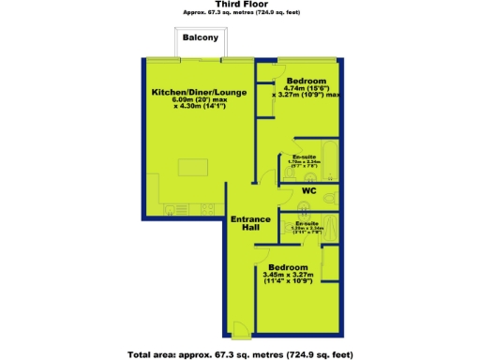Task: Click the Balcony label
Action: pos(201,38)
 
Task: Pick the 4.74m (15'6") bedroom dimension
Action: pos(306,88)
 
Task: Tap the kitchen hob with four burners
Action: pos(208,208)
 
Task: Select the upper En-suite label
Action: pos(304,157)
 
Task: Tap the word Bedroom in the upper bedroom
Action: pos(306,80)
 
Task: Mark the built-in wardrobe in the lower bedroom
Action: pos(330,263)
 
